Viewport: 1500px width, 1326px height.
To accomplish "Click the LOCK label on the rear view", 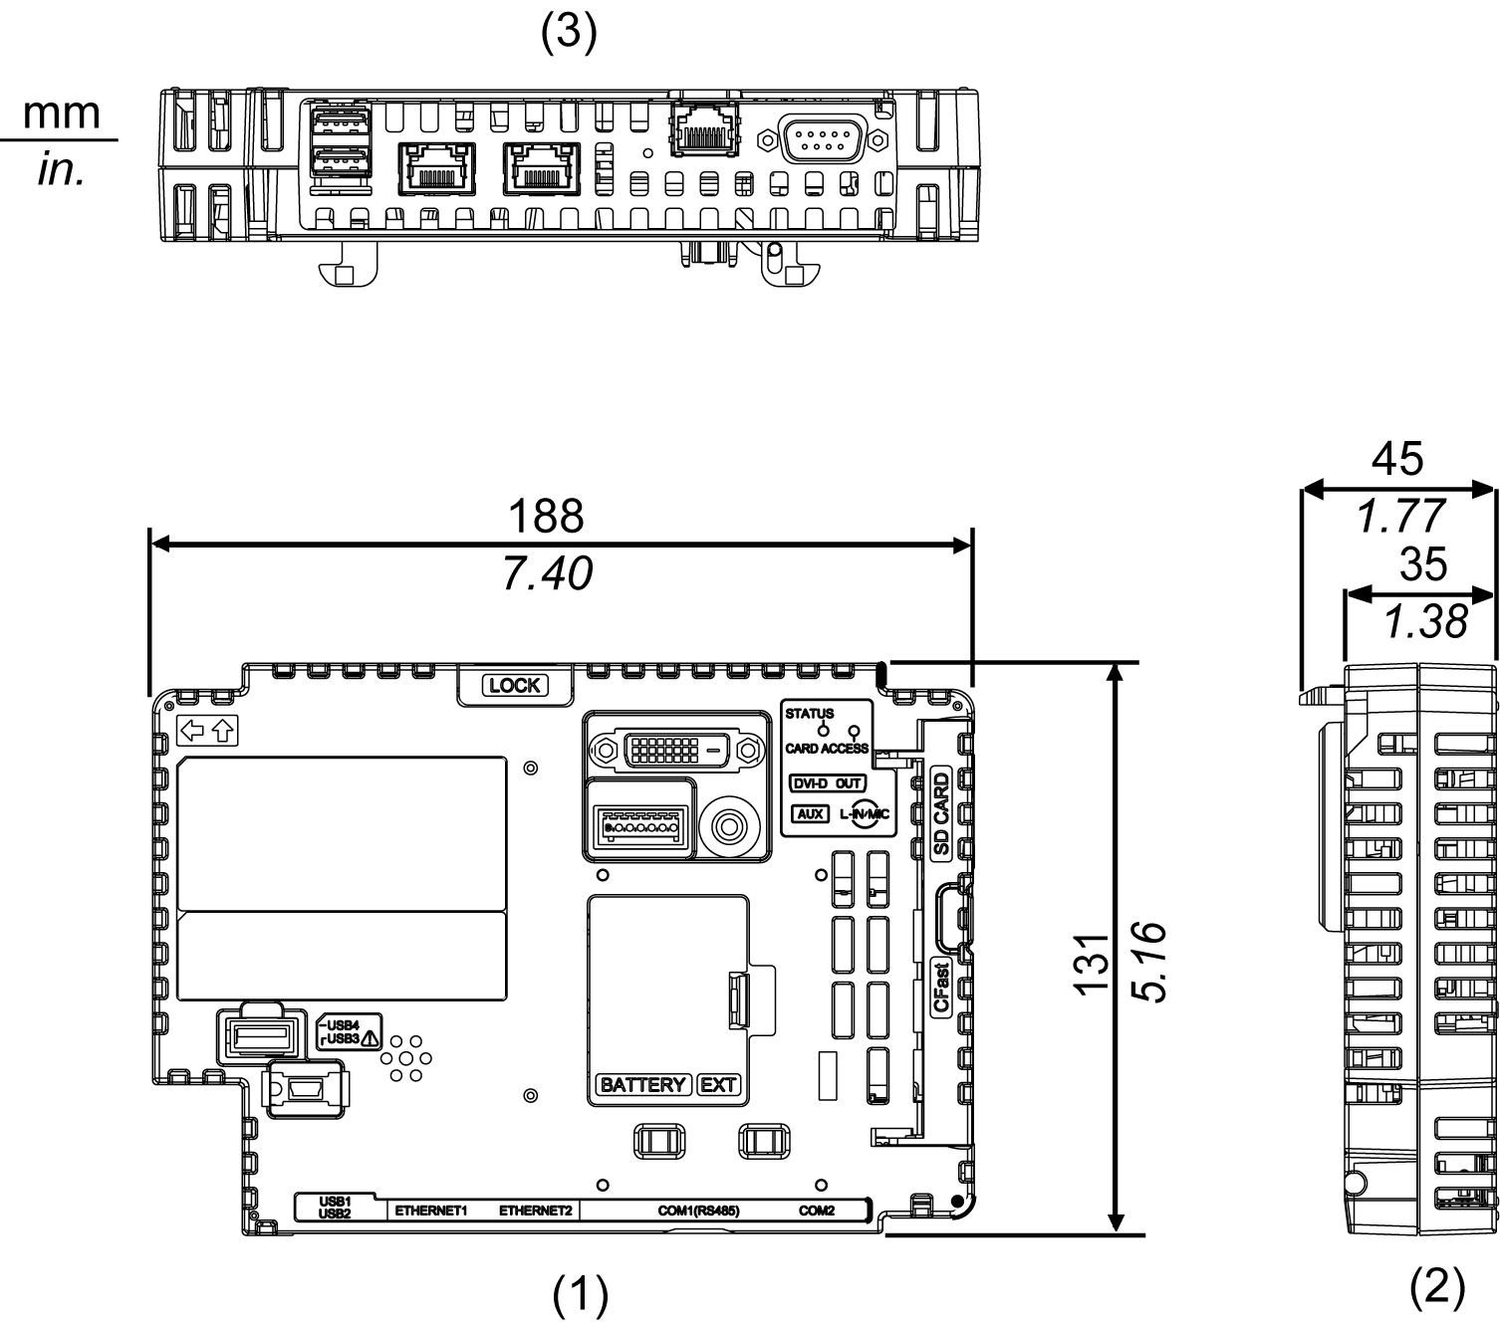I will pyautogui.click(x=515, y=685).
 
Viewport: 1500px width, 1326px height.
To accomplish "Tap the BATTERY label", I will pyautogui.click(x=643, y=1084).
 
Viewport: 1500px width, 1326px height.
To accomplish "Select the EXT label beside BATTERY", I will pyautogui.click(x=718, y=1084).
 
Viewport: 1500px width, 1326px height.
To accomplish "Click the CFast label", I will pyautogui.click(x=940, y=986).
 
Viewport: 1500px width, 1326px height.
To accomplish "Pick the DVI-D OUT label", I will pyautogui.click(x=826, y=783).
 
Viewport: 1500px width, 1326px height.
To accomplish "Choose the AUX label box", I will pyautogui.click(x=811, y=813).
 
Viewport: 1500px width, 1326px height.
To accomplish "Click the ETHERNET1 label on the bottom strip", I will pyautogui.click(x=431, y=1212).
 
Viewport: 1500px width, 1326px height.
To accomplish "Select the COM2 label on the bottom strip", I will pyautogui.click(x=817, y=1212).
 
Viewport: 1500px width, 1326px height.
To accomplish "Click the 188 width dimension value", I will pyautogui.click(x=546, y=516).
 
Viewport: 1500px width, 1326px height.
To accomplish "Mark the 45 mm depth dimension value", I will pyautogui.click(x=1397, y=459).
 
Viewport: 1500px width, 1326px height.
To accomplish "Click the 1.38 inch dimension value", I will pyautogui.click(x=1425, y=622).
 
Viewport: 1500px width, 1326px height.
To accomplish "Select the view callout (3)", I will pyautogui.click(x=569, y=34).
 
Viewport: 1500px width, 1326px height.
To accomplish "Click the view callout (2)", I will pyautogui.click(x=1438, y=1288).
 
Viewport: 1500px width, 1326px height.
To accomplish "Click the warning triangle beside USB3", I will pyautogui.click(x=371, y=1038).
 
